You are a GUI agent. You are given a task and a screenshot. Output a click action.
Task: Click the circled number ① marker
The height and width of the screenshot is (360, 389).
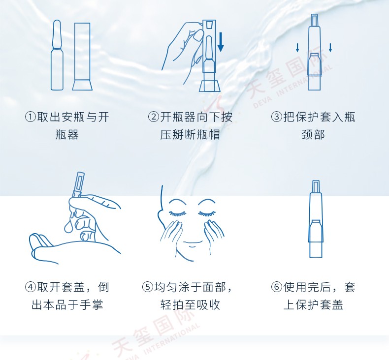point(31,117)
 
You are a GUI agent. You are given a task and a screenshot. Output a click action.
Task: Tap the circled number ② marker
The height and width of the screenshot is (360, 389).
point(154,117)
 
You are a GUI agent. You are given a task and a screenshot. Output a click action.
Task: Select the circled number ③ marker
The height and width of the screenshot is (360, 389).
point(277,117)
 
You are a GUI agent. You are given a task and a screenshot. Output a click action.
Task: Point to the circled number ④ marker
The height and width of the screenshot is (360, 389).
point(31,287)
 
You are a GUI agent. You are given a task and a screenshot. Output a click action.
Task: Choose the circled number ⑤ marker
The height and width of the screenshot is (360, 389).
point(148,287)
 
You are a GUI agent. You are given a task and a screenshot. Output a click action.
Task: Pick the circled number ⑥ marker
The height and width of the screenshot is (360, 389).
point(277,287)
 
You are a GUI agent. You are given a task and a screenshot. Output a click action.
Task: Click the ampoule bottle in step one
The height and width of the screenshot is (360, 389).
point(57,55)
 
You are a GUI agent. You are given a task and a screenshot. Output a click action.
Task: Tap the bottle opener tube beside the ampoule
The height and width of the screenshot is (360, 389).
point(82,57)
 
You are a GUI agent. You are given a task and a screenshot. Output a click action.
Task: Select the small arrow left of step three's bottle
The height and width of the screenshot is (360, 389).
point(297,48)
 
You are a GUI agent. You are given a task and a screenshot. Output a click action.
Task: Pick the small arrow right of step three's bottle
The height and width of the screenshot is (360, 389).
point(330,48)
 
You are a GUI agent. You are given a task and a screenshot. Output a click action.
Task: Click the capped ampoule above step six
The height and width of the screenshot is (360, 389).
point(316,219)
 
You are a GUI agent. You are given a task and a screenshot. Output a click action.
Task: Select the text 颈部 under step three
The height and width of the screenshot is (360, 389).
point(313,135)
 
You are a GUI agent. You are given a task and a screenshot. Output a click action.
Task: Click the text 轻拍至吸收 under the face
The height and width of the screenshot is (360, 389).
point(190,305)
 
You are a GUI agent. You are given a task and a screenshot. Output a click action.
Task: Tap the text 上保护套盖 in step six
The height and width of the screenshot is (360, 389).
point(313,305)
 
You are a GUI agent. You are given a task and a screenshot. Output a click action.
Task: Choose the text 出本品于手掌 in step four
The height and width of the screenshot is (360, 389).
point(67,305)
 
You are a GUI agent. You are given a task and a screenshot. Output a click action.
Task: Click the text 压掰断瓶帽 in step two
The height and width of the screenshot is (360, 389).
point(190,135)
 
